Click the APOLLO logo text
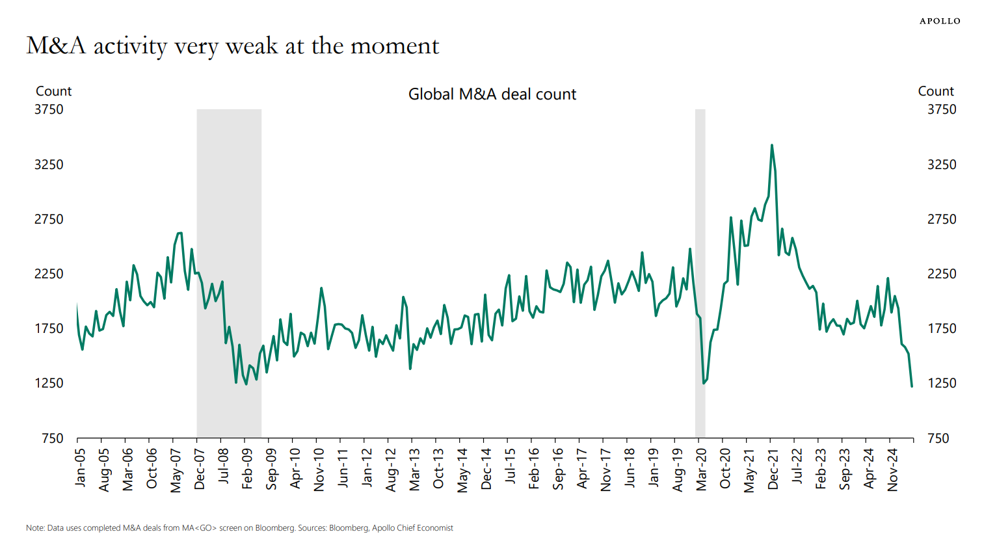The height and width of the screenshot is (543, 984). tap(940, 21)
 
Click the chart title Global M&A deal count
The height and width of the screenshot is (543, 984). tap(492, 94)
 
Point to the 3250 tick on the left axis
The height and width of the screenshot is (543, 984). tap(49, 165)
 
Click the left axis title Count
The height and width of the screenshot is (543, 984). tap(53, 91)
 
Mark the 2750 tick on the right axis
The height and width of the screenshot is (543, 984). tap(942, 219)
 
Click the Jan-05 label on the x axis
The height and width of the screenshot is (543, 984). tap(80, 467)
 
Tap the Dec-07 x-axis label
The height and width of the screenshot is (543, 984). tap(200, 468)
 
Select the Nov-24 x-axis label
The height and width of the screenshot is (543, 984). tap(892, 468)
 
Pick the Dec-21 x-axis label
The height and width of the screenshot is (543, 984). tap(773, 468)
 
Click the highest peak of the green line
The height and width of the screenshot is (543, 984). tap(771, 145)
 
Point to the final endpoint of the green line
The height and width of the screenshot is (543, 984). tap(912, 386)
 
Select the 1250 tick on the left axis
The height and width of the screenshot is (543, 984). tap(49, 383)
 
